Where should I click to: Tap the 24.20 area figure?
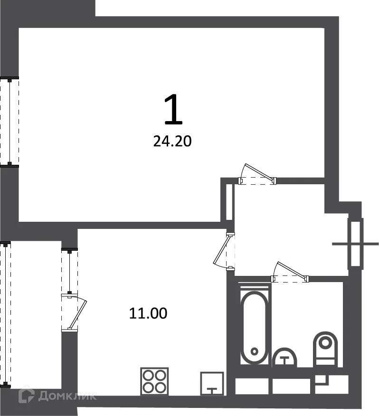172,141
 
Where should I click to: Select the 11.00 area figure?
148,313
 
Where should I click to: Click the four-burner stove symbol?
154,381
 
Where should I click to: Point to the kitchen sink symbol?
212,384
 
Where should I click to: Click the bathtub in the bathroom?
254,327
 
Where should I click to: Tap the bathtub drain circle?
254,352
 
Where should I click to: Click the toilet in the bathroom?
325,349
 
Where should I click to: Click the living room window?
9,122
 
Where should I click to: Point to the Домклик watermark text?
66,396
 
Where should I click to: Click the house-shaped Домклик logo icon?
27,395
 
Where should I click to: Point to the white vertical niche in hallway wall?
229,202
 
